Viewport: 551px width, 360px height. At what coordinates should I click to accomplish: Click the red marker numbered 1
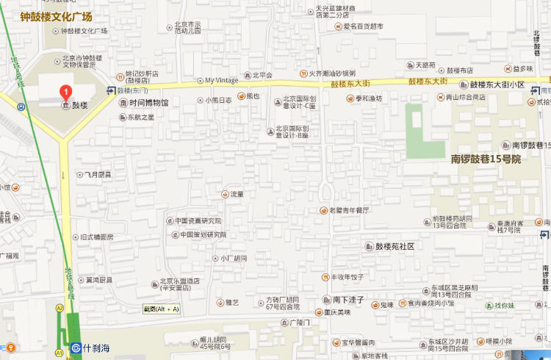click(x=66, y=92)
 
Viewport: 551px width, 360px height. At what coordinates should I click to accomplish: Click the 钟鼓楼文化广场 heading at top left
click(x=56, y=15)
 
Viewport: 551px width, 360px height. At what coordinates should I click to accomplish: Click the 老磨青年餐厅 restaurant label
click(x=349, y=210)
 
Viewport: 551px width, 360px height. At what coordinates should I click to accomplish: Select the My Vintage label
click(x=220, y=80)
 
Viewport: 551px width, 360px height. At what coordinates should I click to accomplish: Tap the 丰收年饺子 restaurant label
click(x=347, y=277)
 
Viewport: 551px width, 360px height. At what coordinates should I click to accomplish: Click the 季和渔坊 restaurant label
click(x=365, y=98)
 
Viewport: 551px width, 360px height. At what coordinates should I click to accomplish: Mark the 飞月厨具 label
click(x=97, y=175)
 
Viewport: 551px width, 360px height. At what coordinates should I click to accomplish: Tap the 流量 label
click(x=236, y=195)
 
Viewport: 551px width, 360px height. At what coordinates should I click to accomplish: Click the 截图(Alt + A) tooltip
click(x=161, y=309)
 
